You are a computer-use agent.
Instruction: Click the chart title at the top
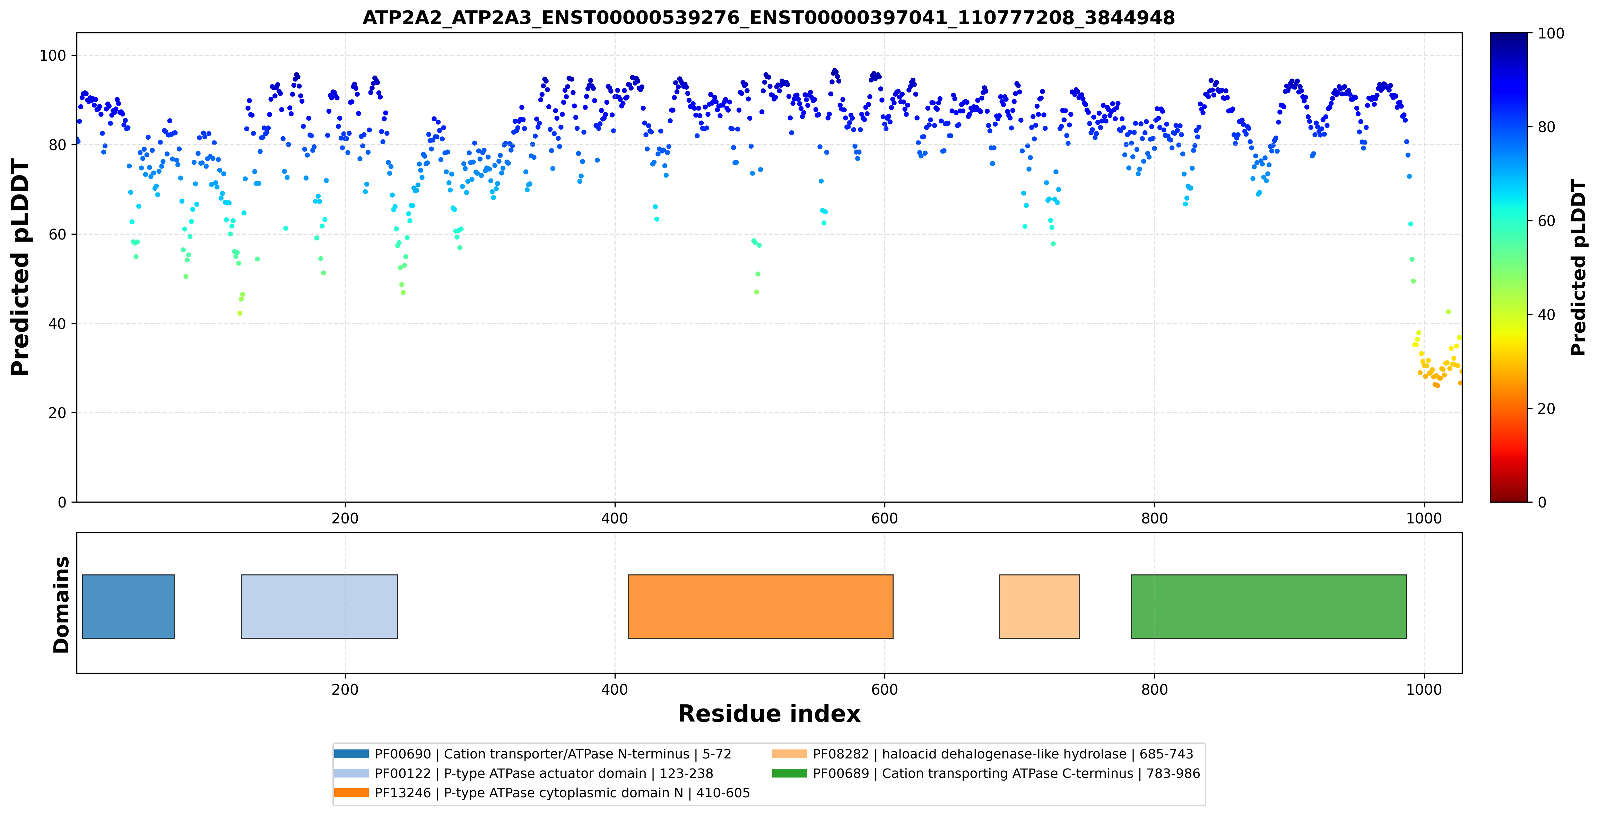[x=768, y=17]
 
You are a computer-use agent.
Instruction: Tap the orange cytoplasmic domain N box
[x=761, y=606]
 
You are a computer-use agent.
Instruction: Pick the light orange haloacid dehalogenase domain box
[x=1039, y=606]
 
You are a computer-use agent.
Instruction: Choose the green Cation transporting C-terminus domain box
[x=1269, y=606]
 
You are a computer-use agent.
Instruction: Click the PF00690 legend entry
[x=532, y=754]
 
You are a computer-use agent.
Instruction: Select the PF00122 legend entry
[x=523, y=773]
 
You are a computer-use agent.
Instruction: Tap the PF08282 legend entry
[x=983, y=754]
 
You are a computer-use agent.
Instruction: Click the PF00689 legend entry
[x=987, y=773]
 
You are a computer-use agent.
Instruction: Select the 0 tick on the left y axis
[x=62, y=502]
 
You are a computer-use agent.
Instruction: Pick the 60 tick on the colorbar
[x=1546, y=221]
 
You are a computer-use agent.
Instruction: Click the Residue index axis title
[x=769, y=714]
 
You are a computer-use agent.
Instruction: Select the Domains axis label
[x=61, y=605]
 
